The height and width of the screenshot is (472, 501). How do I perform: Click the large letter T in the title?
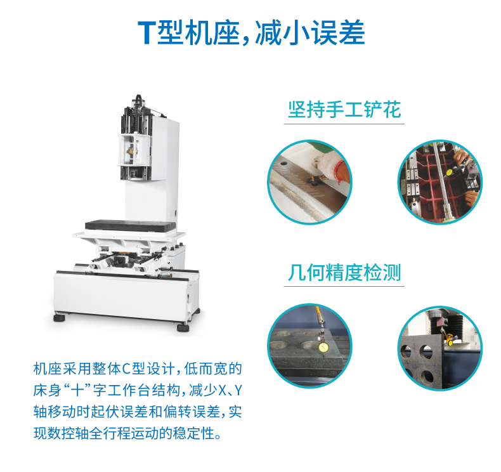click(x=146, y=32)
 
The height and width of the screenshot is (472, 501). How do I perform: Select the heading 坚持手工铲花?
click(x=344, y=109)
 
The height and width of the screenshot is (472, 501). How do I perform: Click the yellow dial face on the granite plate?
click(x=323, y=347)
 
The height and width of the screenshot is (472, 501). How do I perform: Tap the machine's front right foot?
click(x=183, y=326)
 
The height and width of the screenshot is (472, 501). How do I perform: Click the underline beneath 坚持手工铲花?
click(x=344, y=124)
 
